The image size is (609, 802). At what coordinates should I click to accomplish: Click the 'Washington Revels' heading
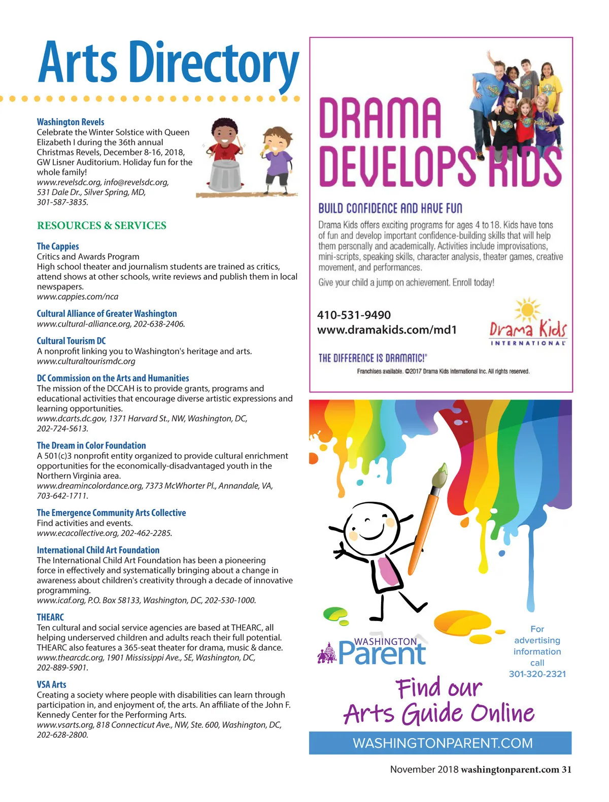point(71,122)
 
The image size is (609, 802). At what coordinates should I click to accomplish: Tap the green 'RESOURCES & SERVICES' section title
point(101,226)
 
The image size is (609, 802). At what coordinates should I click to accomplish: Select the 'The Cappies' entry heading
point(58,246)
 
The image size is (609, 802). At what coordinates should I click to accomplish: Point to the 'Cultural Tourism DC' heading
point(71,341)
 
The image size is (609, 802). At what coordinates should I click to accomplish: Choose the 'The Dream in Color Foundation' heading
point(91,446)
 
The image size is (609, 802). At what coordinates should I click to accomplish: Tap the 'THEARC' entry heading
point(50,617)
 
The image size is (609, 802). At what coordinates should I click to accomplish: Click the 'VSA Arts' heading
point(51,685)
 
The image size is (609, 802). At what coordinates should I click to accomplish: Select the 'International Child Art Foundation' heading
point(98,550)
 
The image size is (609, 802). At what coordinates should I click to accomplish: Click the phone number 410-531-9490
point(354,315)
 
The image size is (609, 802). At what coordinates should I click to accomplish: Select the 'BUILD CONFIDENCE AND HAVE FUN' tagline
point(390,208)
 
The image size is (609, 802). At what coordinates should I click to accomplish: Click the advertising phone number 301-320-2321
point(537,674)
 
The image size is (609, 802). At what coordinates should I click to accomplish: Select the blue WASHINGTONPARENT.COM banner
point(440,743)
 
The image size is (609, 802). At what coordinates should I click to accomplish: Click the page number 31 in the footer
point(566,770)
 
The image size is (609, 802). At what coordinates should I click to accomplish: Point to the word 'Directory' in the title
point(213,63)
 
